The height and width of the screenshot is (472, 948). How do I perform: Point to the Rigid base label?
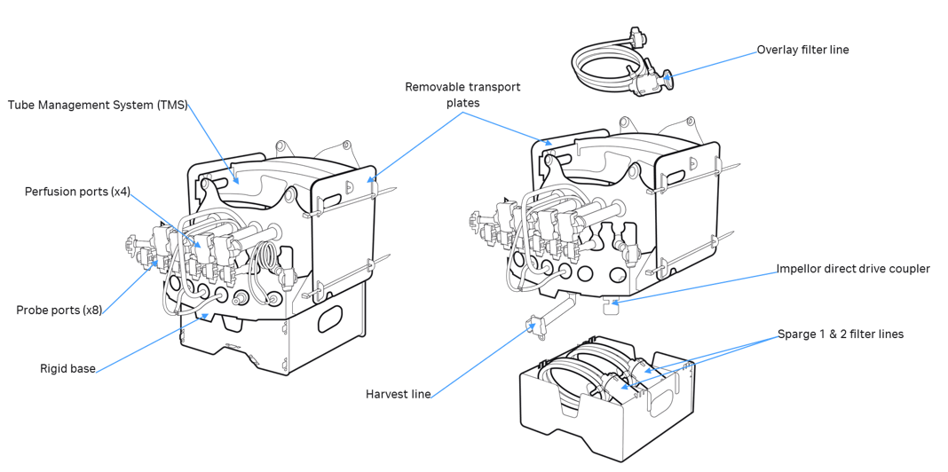(x=66, y=367)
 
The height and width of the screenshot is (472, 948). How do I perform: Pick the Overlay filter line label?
(x=802, y=50)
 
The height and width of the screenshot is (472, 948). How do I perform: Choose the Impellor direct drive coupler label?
(x=852, y=269)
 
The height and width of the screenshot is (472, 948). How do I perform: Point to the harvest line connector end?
(x=535, y=326)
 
